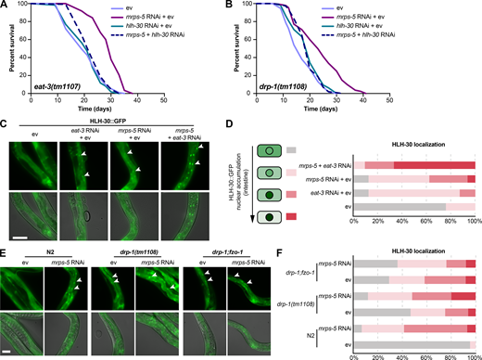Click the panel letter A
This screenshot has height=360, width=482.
point(5,6)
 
